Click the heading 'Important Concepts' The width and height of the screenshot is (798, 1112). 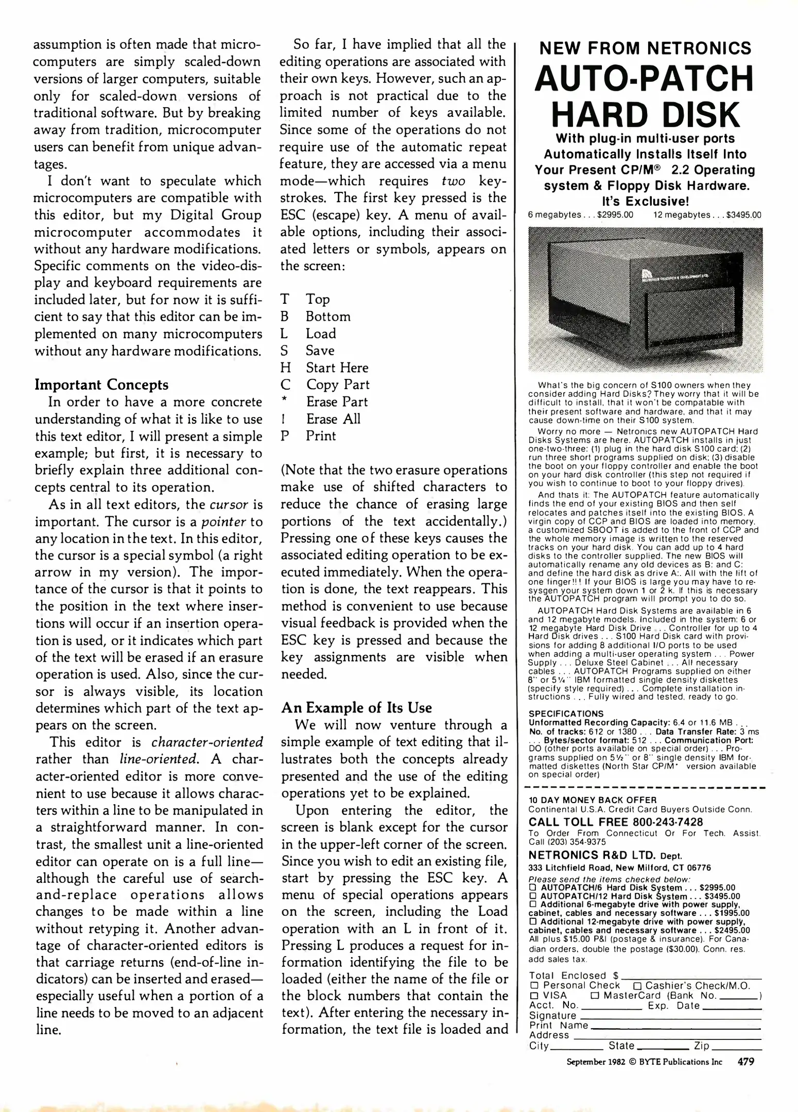coord(101,385)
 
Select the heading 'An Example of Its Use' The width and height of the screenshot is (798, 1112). coord(356,707)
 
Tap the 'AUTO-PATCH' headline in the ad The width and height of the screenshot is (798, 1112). coord(644,78)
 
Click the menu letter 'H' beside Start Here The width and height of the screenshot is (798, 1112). coord(286,368)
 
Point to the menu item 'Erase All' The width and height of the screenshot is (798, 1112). coord(333,419)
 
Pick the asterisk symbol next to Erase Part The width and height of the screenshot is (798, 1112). coord(284,401)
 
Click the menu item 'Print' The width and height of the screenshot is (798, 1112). coord(321,436)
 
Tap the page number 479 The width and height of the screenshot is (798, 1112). coord(746,1061)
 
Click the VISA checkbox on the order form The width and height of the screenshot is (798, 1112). coord(533,995)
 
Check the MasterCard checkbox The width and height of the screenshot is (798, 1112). coord(595,995)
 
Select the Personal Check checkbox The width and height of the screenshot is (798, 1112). coord(533,985)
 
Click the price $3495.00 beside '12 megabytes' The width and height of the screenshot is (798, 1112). coord(743,215)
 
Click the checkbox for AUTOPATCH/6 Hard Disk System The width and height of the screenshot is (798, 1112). coord(533,888)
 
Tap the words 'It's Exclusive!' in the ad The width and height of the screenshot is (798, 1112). coord(645,201)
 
